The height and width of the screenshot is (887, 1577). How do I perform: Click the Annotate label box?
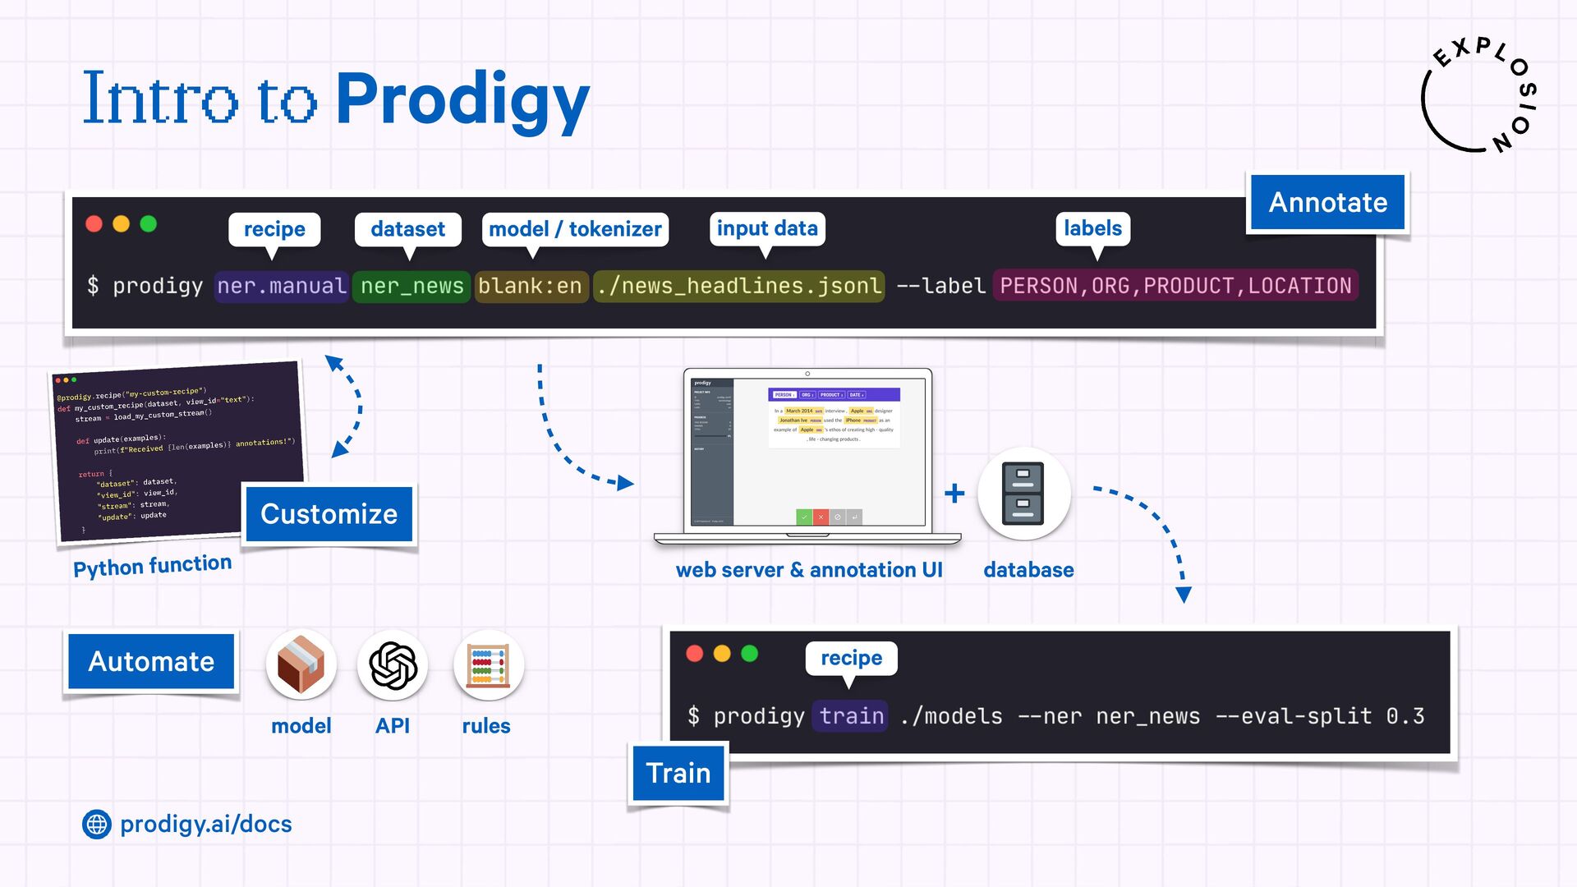coord(1327,202)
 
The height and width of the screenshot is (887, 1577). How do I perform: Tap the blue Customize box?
coord(329,514)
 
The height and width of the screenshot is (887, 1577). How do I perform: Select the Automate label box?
coord(151,661)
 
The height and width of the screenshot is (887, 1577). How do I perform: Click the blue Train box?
coord(678,773)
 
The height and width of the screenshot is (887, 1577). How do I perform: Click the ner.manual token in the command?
coord(281,286)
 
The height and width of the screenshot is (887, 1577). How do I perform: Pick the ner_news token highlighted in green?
coord(411,286)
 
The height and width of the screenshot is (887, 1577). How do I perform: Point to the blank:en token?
coord(530,286)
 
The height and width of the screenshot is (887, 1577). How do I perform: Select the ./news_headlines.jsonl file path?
coord(739,286)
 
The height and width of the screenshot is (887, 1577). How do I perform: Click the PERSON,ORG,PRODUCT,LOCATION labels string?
coord(1175,286)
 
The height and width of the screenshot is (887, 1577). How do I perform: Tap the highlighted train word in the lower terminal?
coord(851,716)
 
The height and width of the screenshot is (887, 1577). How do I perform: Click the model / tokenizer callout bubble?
coord(575,229)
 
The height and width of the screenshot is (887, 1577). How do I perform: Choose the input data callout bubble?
coord(767,228)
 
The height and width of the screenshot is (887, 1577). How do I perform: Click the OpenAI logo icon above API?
coord(393,665)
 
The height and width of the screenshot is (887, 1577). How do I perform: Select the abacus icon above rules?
coord(488,665)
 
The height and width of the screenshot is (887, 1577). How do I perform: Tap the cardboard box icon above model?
coord(301,665)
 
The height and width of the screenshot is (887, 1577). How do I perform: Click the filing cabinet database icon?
coord(1023,494)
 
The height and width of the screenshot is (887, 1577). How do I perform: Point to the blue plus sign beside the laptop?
coord(954,494)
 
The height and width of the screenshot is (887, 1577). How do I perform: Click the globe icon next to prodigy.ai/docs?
coord(97,824)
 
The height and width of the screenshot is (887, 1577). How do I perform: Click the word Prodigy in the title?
coord(462,100)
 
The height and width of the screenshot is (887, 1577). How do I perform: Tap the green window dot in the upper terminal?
coord(149,224)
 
